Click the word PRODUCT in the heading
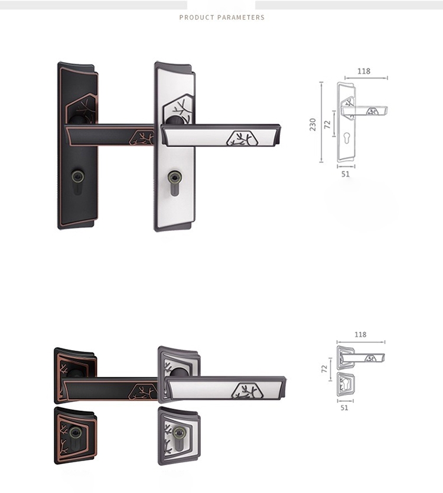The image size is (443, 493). (x=197, y=17)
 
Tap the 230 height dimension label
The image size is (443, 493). (x=312, y=125)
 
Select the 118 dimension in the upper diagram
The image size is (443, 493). (x=364, y=71)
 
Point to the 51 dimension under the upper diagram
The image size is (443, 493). (x=346, y=174)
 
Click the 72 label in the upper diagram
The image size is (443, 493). (x=327, y=125)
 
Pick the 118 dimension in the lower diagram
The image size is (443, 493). (x=360, y=335)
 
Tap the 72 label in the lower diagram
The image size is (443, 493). (x=324, y=369)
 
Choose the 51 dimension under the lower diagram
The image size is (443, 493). (x=344, y=408)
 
